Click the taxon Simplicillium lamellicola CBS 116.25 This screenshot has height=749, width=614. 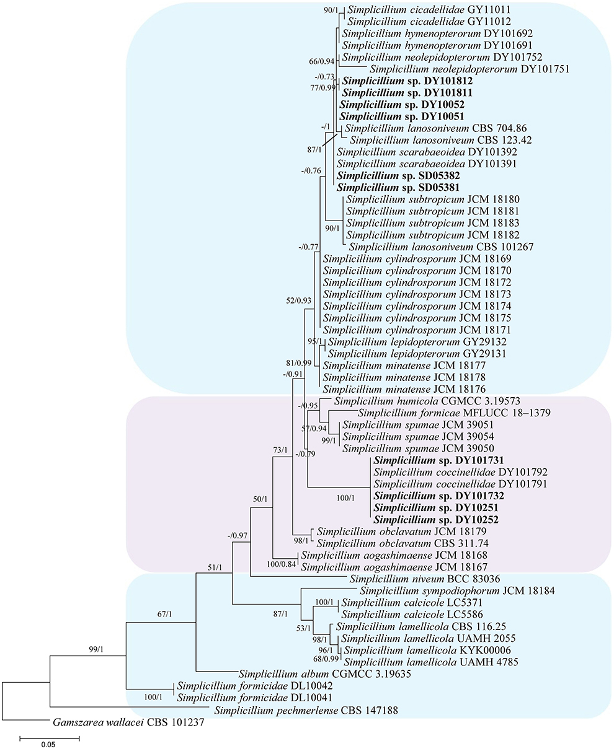click(411, 627)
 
